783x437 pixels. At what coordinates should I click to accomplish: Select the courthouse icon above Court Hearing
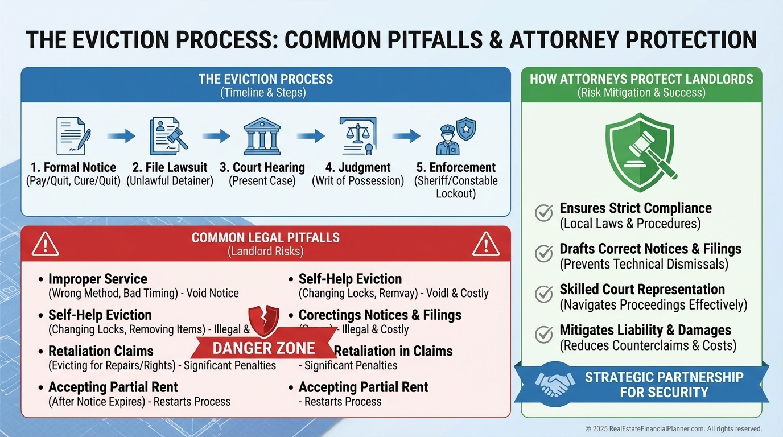click(x=262, y=136)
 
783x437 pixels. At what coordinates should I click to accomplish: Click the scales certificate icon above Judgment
click(x=357, y=136)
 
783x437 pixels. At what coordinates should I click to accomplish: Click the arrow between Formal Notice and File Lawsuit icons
click(x=121, y=136)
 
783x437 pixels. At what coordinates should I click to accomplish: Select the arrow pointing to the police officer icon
click(x=406, y=136)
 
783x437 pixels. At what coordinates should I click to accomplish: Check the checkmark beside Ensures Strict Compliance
click(x=544, y=213)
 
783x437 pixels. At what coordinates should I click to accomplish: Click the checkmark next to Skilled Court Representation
click(x=544, y=294)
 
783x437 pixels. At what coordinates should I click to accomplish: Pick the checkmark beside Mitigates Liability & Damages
click(x=544, y=334)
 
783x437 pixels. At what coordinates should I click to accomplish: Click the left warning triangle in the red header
click(x=46, y=244)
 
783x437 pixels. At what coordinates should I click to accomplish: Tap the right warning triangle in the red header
click(x=485, y=244)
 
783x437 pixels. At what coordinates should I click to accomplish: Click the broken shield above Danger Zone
click(x=264, y=320)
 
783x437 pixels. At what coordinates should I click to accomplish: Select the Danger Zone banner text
click(x=263, y=348)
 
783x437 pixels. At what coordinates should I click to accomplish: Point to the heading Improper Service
click(x=97, y=279)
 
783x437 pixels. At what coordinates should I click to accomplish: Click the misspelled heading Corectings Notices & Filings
click(x=380, y=315)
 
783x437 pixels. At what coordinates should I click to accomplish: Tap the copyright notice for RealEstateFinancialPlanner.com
click(x=673, y=428)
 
